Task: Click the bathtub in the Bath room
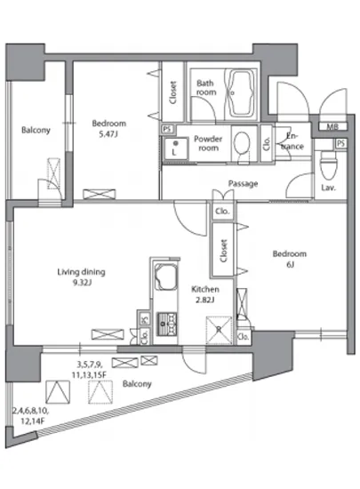(241, 93)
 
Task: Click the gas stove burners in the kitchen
(167, 324)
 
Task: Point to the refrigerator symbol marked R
(220, 330)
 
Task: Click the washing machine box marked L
(175, 148)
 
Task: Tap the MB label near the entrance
(332, 126)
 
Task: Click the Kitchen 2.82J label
(204, 294)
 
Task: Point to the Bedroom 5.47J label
(108, 129)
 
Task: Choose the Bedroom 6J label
(290, 259)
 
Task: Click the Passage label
(244, 183)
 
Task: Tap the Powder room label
(208, 143)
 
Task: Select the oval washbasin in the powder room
(242, 143)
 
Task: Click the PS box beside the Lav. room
(341, 143)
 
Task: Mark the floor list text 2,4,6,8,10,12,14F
(30, 416)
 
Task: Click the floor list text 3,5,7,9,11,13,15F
(90, 370)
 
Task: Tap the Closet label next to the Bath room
(173, 92)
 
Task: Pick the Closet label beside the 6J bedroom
(223, 251)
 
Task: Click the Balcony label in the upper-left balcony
(36, 130)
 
